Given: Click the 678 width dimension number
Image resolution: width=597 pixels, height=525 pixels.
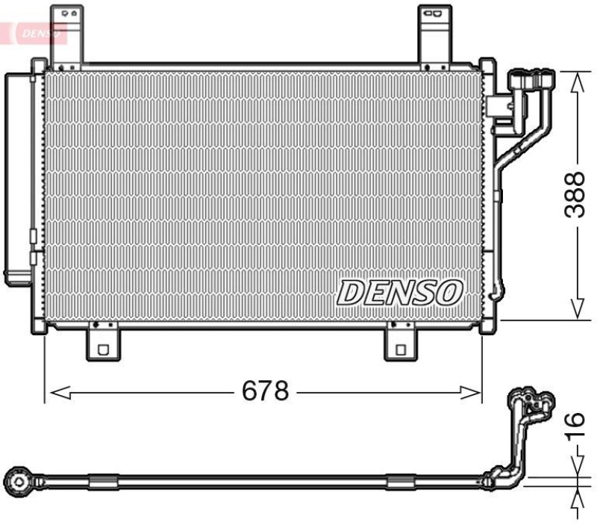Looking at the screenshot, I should click(x=266, y=390).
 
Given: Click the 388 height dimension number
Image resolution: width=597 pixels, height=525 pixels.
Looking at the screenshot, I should click(x=573, y=195).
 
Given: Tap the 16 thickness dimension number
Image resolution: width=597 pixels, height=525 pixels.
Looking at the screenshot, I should click(x=573, y=426).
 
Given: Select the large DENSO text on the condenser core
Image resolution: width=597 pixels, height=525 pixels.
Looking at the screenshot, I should click(x=401, y=293).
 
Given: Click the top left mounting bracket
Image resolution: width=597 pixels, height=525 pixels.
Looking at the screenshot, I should click(x=66, y=34).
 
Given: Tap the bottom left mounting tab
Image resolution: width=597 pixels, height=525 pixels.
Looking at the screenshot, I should click(x=101, y=343).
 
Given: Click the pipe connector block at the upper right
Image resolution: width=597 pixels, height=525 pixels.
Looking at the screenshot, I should click(x=531, y=80).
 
